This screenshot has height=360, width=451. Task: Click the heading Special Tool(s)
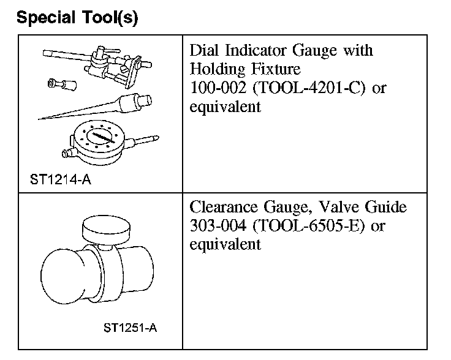coord(78,18)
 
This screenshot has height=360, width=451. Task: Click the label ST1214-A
coord(59,180)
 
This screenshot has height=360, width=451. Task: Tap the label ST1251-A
coord(130,326)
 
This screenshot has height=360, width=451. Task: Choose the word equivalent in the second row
coord(225,245)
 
